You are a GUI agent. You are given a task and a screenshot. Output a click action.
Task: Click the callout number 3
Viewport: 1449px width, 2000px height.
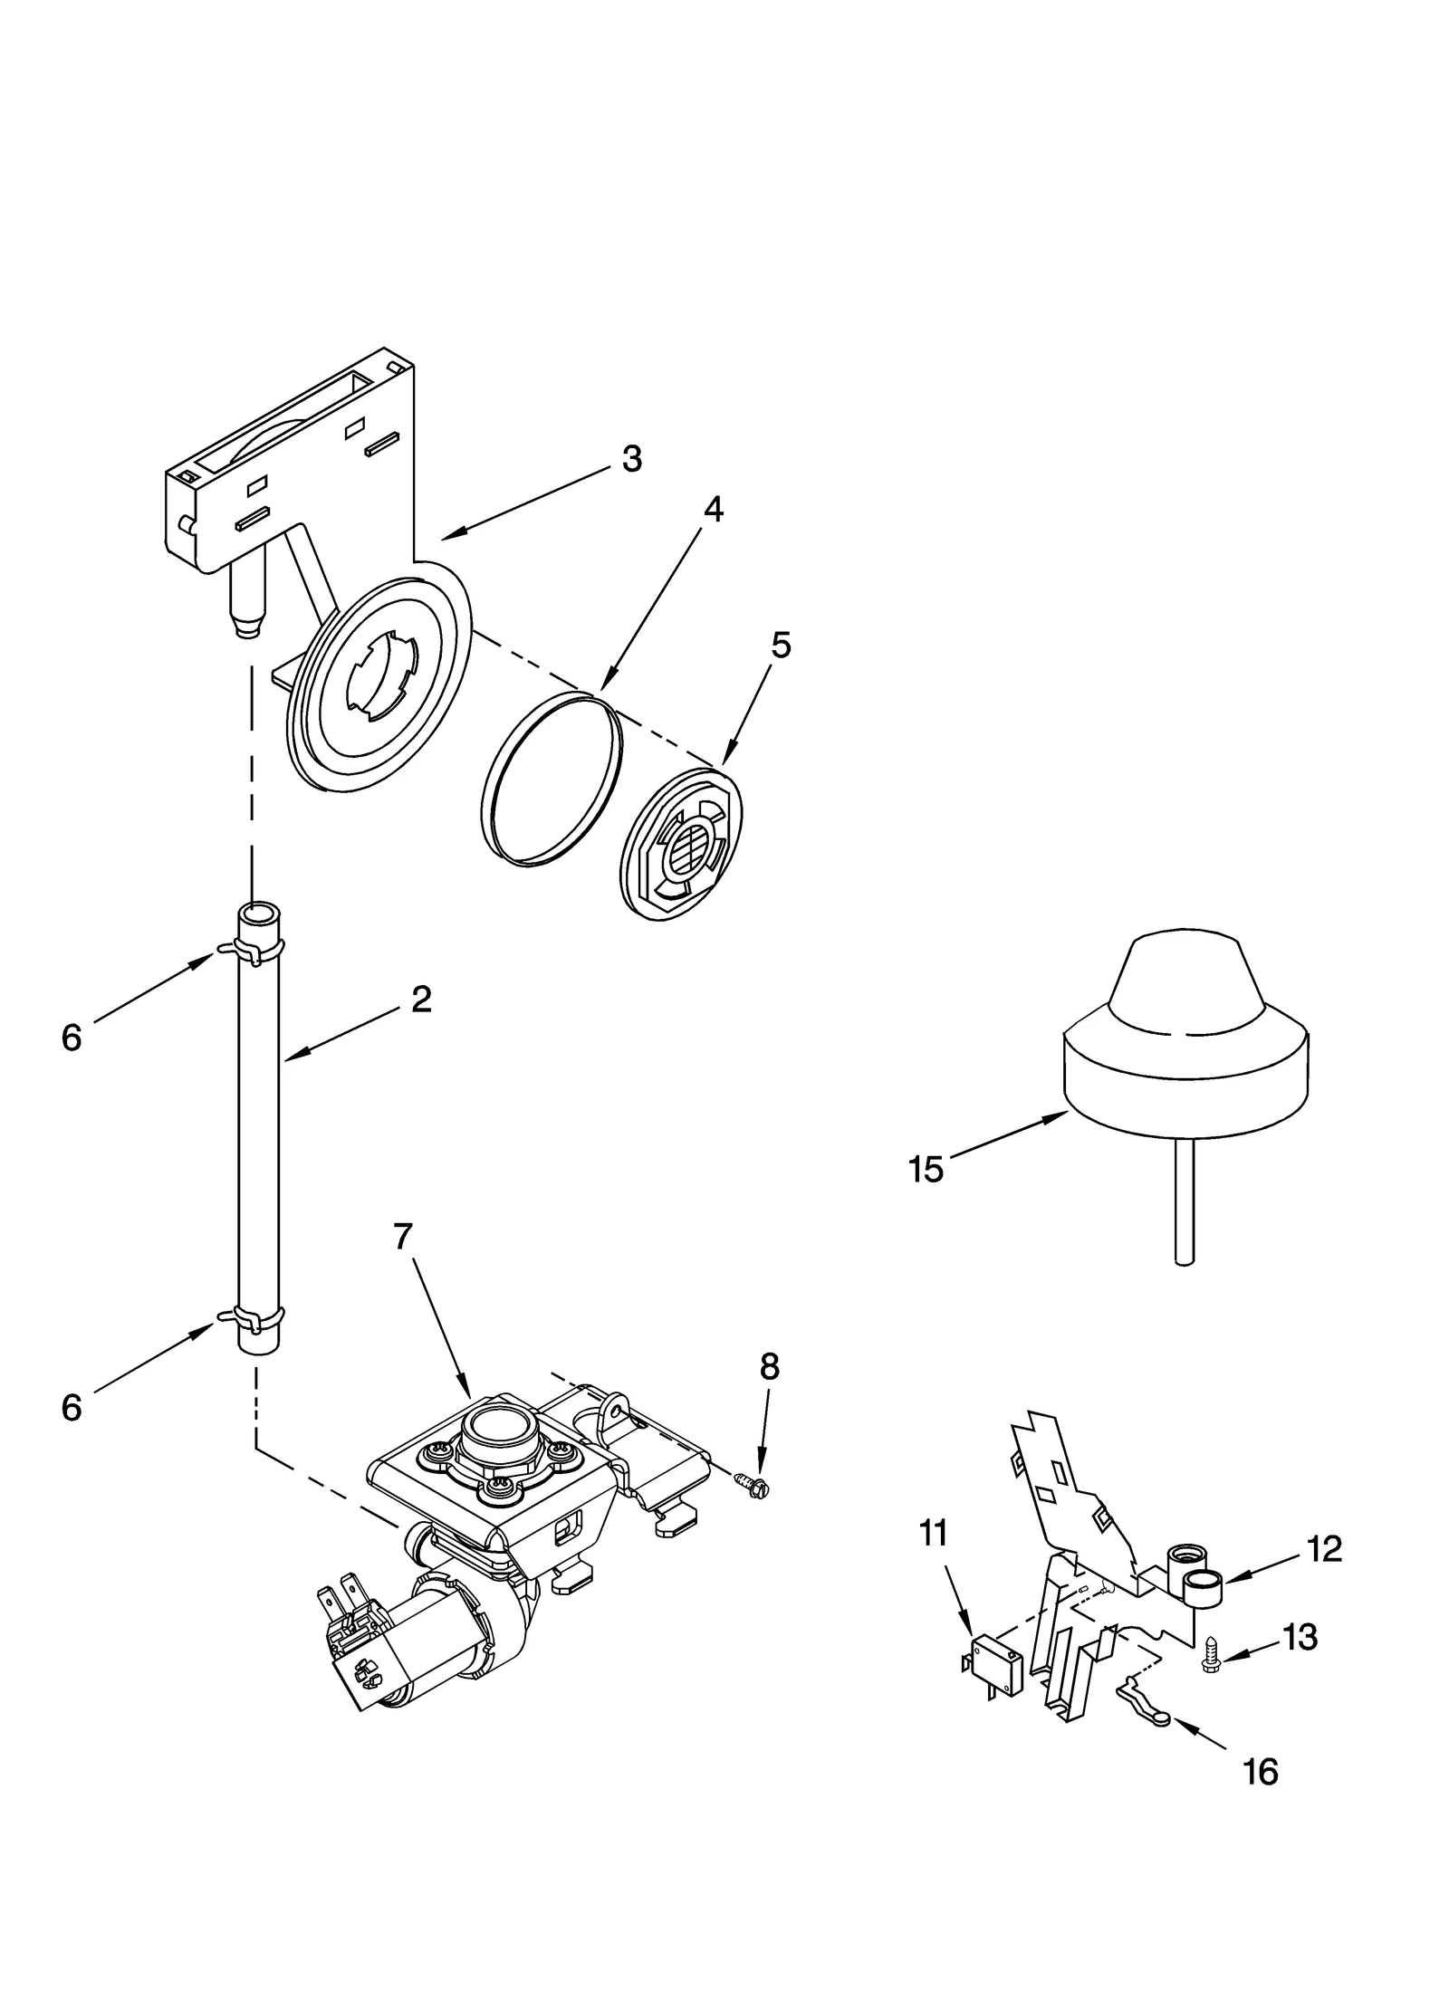tap(631, 459)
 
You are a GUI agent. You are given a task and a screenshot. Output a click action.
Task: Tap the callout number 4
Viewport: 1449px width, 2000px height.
tap(713, 511)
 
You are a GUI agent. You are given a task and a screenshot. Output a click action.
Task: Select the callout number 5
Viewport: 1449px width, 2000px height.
tap(781, 646)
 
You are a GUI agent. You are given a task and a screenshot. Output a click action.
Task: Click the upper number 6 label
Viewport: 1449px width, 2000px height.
tap(72, 1038)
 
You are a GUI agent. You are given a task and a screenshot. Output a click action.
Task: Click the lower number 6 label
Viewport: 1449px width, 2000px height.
tap(72, 1408)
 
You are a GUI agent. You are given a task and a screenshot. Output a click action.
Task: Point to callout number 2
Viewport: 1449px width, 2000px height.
tap(421, 1000)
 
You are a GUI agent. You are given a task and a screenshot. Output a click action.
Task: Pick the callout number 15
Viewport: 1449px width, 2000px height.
tap(926, 1170)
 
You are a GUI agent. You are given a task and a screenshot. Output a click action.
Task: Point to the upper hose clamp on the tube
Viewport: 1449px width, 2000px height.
tap(251, 949)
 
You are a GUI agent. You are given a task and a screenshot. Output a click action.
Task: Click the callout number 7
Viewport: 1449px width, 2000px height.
tap(403, 1236)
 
